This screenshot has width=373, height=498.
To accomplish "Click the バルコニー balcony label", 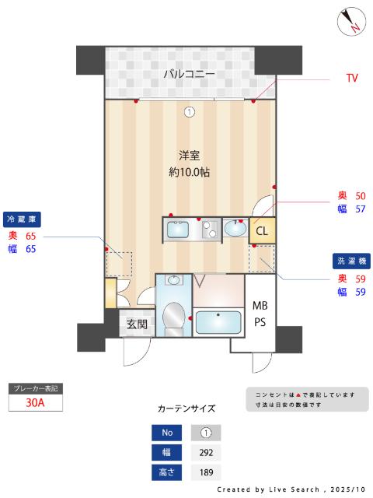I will click(189, 75).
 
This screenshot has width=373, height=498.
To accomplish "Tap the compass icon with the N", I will click(351, 21).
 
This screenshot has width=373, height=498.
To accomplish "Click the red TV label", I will click(352, 78).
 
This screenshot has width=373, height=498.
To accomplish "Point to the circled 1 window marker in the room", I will click(189, 112).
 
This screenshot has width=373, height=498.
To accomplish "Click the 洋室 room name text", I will click(190, 155).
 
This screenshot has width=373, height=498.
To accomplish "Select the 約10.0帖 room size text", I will click(190, 173).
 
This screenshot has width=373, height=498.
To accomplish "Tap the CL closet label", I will click(262, 230).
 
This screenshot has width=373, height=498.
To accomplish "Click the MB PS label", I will click(259, 314).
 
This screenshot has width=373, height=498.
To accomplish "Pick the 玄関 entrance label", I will click(137, 324).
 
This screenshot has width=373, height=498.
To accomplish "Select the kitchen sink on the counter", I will click(176, 230).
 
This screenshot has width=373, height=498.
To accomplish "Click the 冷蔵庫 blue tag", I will click(23, 219).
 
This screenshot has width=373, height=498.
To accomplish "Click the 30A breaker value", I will click(34, 402).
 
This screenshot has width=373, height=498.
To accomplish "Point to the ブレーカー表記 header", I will click(34, 388).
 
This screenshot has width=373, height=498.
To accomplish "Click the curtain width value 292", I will click(206, 452).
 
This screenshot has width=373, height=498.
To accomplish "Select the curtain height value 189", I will click(206, 472).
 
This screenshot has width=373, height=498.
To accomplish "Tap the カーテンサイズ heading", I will click(186, 408).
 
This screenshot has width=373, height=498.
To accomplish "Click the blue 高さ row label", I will click(167, 472).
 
